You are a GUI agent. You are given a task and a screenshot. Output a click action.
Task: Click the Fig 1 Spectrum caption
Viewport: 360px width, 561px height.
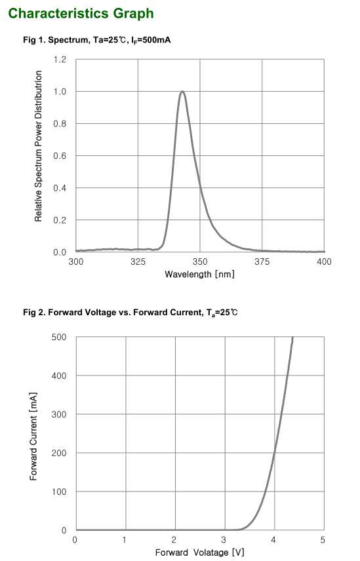[x=97, y=41]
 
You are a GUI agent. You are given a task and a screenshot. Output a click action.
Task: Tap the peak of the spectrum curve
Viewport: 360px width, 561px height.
[x=182, y=92]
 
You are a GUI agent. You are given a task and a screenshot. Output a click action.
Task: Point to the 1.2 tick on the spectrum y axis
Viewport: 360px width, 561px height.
[x=60, y=60]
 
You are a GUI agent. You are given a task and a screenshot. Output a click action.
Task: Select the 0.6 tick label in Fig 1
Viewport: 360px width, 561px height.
[x=60, y=156]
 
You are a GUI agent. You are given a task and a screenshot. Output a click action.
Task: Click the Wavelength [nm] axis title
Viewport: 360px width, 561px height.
[x=199, y=274]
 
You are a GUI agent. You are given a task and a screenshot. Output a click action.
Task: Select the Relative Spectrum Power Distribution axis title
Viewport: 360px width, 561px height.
[x=39, y=155]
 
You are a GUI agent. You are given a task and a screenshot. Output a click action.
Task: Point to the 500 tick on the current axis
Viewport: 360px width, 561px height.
[x=59, y=337]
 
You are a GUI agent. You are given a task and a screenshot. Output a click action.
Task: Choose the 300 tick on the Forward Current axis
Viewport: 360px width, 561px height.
[x=59, y=414]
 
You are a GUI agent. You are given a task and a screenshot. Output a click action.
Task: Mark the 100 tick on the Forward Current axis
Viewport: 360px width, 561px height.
[x=59, y=492]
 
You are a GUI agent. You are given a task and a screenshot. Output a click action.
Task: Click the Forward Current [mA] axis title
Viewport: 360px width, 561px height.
[x=33, y=433]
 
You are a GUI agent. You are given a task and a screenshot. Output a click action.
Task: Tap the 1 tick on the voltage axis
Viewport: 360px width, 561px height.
[x=125, y=539]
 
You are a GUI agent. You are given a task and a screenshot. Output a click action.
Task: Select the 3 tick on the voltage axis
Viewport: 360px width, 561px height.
[x=224, y=539]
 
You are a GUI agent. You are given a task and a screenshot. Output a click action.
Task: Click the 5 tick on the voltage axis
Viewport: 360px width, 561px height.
[x=323, y=539]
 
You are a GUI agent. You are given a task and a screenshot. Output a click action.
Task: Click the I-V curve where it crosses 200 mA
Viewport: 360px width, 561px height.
[x=274, y=453]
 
